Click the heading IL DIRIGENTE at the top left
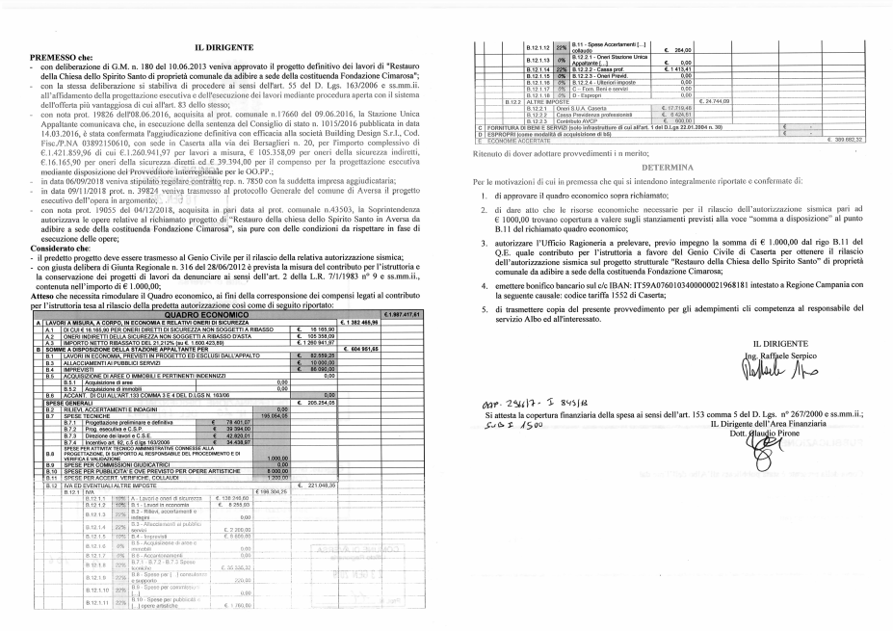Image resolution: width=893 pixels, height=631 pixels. [x=224, y=47]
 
